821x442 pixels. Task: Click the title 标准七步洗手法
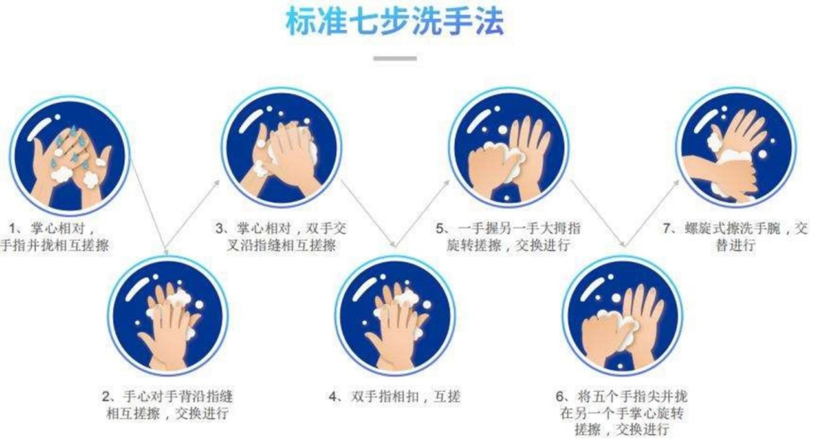395,22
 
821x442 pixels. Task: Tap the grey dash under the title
395,58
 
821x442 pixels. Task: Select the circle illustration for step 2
168,315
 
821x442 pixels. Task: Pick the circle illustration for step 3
281,147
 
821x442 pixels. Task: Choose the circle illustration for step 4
395,315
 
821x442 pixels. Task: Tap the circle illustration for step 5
509,147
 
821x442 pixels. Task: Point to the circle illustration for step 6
622,315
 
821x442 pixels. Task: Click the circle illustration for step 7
736,147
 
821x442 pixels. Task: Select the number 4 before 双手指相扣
333,397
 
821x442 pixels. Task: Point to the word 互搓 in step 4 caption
447,397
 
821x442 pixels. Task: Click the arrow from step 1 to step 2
149,207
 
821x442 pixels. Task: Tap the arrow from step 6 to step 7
651,214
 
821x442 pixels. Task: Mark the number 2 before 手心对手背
107,397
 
